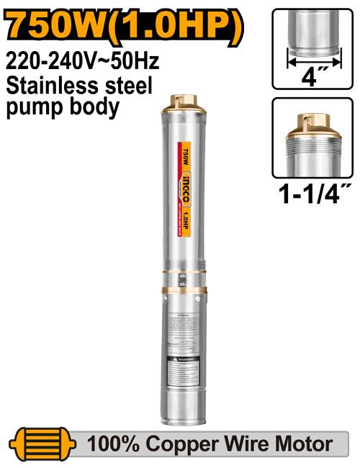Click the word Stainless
[x=42, y=87]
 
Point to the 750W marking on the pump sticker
[x=186, y=154]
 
